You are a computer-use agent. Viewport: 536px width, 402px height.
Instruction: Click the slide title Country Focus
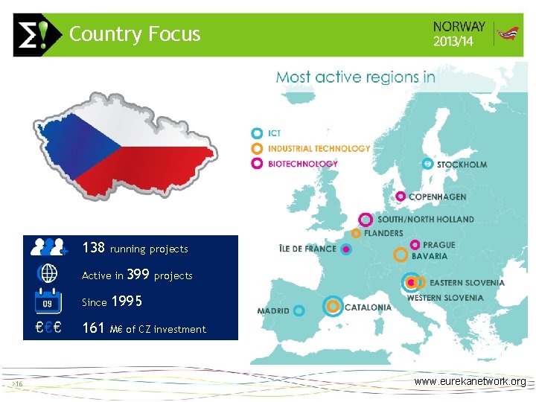click(x=135, y=34)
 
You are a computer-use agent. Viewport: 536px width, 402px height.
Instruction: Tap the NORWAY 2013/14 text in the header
click(x=459, y=33)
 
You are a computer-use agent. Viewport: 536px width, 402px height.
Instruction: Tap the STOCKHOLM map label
click(x=462, y=164)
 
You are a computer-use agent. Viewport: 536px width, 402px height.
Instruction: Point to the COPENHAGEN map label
click(x=438, y=197)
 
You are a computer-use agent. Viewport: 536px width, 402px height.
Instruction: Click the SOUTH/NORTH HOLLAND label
click(x=425, y=220)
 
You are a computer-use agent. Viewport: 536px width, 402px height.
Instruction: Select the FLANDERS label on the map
click(x=383, y=233)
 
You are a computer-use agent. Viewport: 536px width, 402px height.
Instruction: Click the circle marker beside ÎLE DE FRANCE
click(x=345, y=249)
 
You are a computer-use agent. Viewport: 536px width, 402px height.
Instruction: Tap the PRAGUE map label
click(x=438, y=245)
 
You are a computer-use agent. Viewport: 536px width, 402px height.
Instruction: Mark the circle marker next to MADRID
click(x=299, y=310)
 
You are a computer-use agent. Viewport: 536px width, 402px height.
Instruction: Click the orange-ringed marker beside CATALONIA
click(x=333, y=306)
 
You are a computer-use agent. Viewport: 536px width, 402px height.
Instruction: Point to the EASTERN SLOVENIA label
click(x=467, y=283)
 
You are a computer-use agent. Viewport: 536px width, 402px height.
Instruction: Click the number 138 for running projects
click(x=94, y=248)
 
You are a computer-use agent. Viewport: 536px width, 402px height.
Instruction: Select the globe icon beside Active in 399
click(x=48, y=274)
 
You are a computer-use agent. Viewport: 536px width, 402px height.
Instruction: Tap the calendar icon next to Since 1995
click(x=48, y=301)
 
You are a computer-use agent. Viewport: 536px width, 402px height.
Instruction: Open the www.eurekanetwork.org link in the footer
click(x=470, y=381)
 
